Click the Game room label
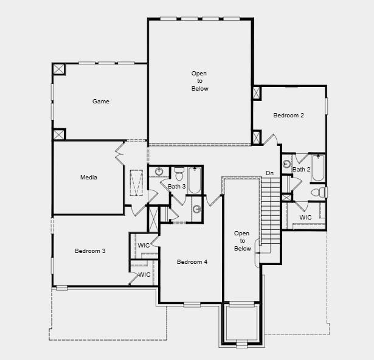101,102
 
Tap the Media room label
89,178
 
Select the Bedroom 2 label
288,116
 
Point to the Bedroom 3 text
90,251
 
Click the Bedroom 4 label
192,262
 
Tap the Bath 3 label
176,186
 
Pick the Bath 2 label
301,170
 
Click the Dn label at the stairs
269,173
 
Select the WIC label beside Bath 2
305,217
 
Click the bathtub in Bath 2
317,168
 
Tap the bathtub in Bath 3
195,179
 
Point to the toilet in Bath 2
319,192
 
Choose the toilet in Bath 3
179,174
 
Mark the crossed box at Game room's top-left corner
59,69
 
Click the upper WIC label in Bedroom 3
144,245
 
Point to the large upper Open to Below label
199,81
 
